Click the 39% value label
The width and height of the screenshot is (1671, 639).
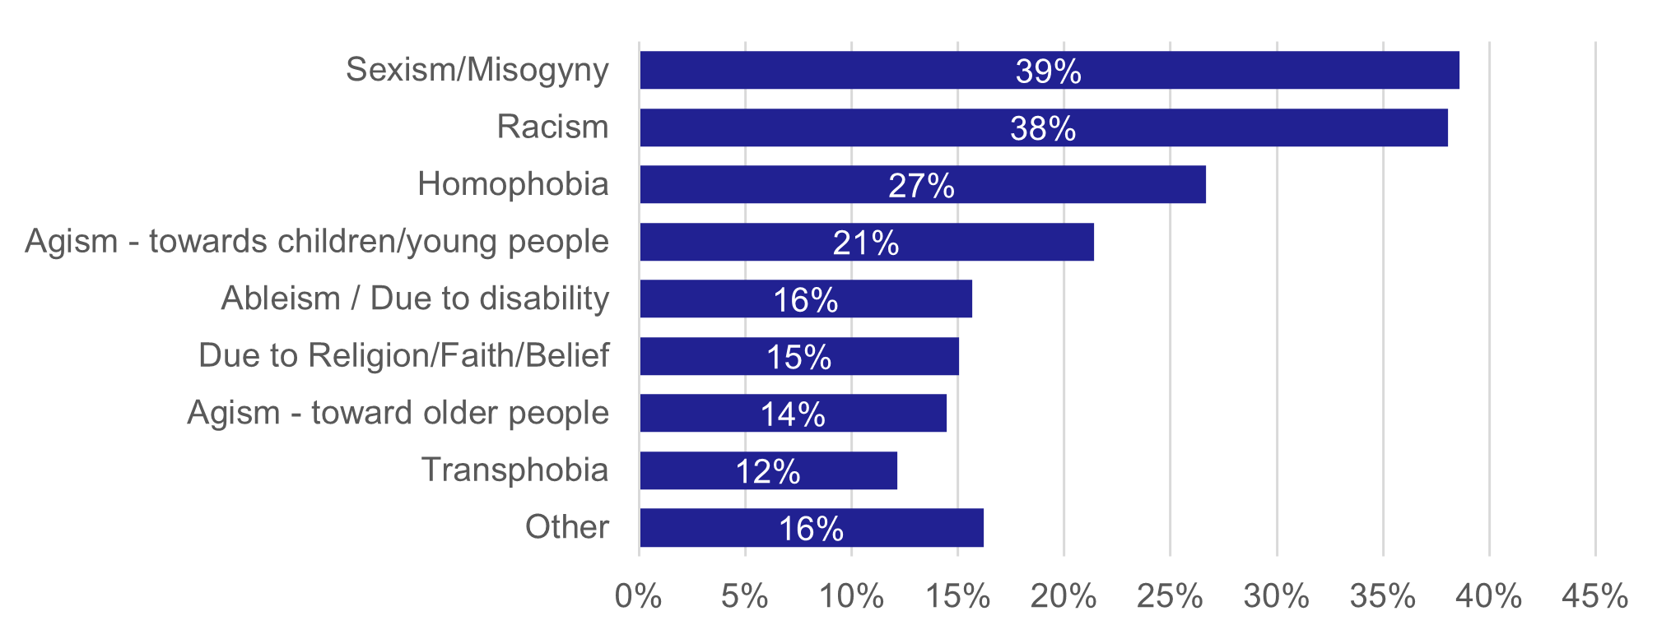pyautogui.click(x=1048, y=72)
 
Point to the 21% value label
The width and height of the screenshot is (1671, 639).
pyautogui.click(x=866, y=243)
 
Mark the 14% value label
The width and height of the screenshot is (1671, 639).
pyautogui.click(x=793, y=414)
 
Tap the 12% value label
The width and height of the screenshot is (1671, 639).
pyautogui.click(x=768, y=472)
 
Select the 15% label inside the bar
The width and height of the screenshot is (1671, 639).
pyautogui.click(x=799, y=358)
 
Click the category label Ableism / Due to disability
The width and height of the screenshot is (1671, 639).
pyautogui.click(x=415, y=299)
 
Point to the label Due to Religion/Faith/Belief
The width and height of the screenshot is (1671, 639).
pyautogui.click(x=403, y=356)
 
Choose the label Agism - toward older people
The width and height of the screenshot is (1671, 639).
pyautogui.click(x=398, y=413)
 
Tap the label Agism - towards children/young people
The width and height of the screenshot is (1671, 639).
pyautogui.click(x=317, y=242)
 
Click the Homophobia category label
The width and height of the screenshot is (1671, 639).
pyautogui.click(x=513, y=184)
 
